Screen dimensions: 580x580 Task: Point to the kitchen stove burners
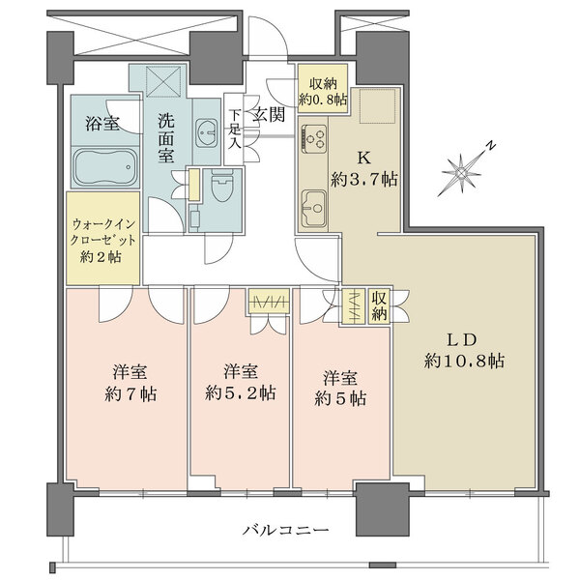318,141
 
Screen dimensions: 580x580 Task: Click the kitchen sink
315,206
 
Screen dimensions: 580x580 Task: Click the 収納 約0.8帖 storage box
316,90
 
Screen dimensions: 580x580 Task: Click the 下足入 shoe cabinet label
234,128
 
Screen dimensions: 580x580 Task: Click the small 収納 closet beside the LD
378,307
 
